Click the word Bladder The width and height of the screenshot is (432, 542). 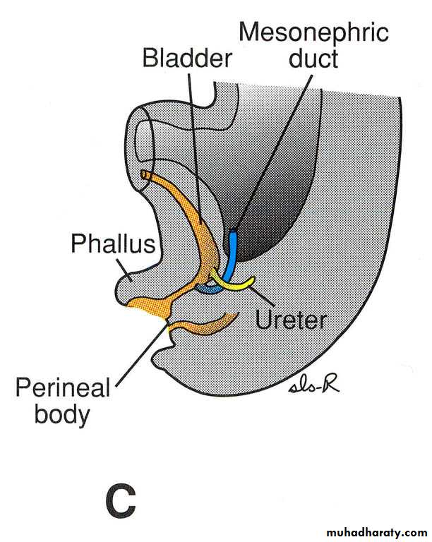187,58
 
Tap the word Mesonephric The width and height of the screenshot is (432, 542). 313,32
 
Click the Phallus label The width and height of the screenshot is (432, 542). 112,244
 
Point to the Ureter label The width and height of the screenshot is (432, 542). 291,320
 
